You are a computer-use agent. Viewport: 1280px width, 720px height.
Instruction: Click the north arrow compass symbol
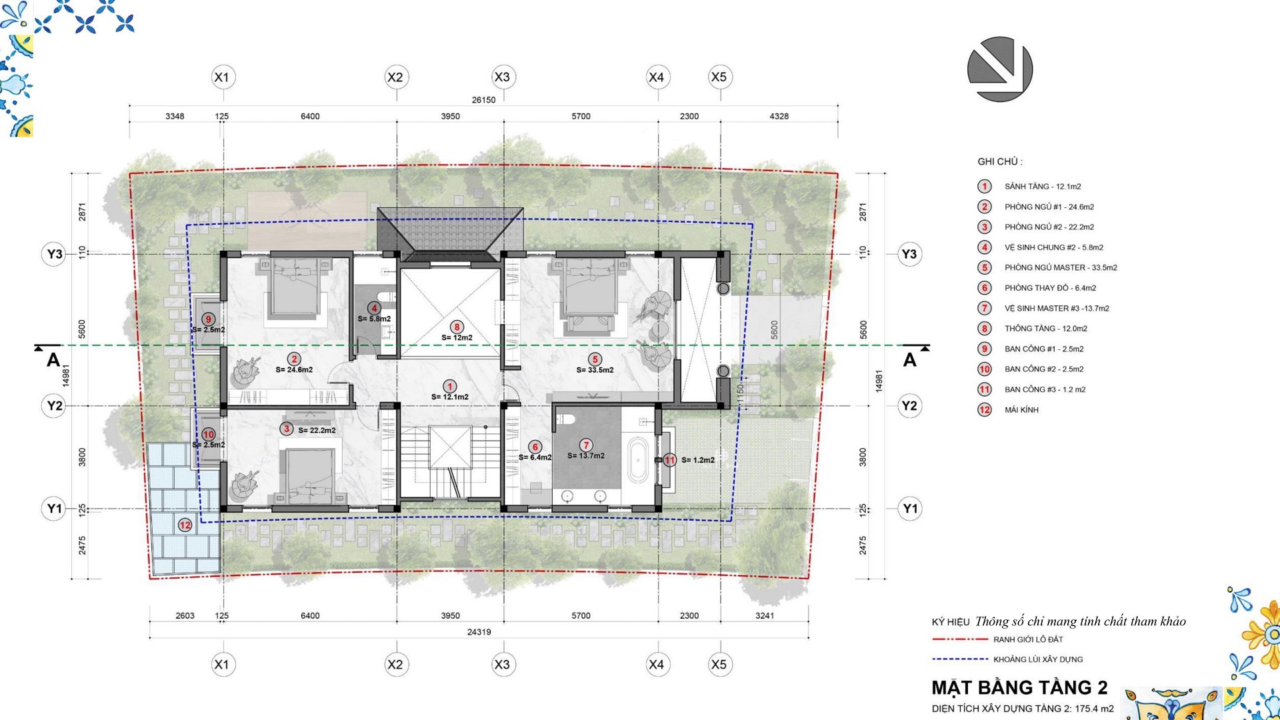click(x=1000, y=69)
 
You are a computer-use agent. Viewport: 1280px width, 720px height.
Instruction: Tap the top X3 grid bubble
click(x=502, y=77)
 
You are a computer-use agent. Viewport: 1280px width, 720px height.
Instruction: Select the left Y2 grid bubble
click(x=54, y=405)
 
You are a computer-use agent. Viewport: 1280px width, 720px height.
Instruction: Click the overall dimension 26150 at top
click(x=483, y=100)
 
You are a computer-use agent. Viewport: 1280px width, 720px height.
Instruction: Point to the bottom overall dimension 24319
click(x=479, y=632)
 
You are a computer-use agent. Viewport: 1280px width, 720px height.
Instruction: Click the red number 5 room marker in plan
click(x=595, y=359)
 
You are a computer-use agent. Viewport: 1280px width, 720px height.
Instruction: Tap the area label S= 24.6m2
click(x=294, y=369)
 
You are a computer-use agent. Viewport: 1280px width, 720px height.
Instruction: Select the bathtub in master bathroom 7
click(x=637, y=460)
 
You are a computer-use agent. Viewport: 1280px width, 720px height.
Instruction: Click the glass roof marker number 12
click(x=185, y=525)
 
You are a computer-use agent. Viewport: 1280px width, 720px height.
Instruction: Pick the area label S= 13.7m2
click(x=586, y=456)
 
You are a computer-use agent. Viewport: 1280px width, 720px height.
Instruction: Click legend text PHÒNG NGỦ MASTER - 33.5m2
click(x=1061, y=268)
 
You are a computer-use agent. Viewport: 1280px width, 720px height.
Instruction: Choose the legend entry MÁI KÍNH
click(x=1021, y=410)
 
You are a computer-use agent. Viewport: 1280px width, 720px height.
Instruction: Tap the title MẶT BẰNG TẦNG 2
click(x=1019, y=687)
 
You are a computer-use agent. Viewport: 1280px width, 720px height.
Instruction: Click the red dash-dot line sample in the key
click(x=960, y=639)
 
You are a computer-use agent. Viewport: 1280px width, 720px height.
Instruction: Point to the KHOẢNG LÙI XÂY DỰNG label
click(x=1038, y=659)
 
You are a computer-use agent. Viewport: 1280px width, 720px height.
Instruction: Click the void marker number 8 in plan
click(x=457, y=327)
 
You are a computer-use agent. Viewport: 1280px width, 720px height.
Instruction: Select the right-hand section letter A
click(x=909, y=360)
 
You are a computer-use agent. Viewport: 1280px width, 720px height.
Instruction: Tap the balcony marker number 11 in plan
click(x=669, y=460)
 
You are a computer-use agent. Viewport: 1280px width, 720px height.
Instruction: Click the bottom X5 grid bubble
click(x=719, y=665)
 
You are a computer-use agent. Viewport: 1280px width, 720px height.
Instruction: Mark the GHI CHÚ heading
click(x=999, y=161)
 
